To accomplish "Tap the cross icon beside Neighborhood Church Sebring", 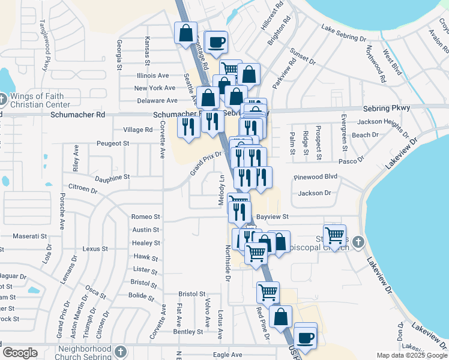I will click(120, 350).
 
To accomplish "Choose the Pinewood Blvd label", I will click(316, 178).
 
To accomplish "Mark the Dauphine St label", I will click(112, 178).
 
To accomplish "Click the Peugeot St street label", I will click(113, 143).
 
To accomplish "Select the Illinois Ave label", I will click(152, 76).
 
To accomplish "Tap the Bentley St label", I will click(188, 332).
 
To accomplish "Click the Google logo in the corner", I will click(20, 353).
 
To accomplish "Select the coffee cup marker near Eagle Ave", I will click(306, 337).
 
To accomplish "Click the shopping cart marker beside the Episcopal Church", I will click(334, 235).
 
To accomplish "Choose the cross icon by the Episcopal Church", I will click(358, 242).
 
